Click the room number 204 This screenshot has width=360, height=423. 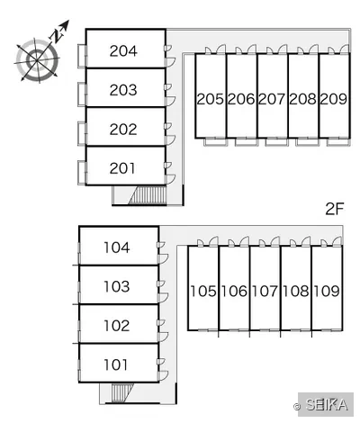pyautogui.click(x=123, y=51)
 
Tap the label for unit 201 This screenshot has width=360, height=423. pyautogui.click(x=122, y=168)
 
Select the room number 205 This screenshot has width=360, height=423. pyautogui.click(x=211, y=99)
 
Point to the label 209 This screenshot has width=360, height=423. pyautogui.click(x=334, y=99)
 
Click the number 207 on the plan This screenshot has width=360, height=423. pyautogui.click(x=272, y=99)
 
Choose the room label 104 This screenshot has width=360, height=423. pyautogui.click(x=117, y=247)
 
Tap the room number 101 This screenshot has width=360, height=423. pyautogui.click(x=116, y=364)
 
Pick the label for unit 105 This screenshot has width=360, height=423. pyautogui.click(x=203, y=291)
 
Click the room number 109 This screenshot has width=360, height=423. pyautogui.click(x=327, y=291)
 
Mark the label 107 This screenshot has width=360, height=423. pyautogui.click(x=265, y=291)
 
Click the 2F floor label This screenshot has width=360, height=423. pyautogui.click(x=334, y=209)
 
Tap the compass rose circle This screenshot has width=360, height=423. pyautogui.click(x=37, y=60)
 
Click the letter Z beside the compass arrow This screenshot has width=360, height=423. pyautogui.click(x=56, y=35)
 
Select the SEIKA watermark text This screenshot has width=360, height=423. pyautogui.click(x=327, y=405)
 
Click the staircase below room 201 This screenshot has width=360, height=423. pyautogui.click(x=148, y=195)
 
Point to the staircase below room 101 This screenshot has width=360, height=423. pyautogui.click(x=121, y=392)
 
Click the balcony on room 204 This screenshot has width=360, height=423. pyautogui.click(x=82, y=56)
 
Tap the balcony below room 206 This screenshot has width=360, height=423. pyautogui.click(x=246, y=141)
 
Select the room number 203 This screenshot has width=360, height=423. pyautogui.click(x=123, y=90)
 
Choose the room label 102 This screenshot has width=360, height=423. pyautogui.click(x=117, y=326)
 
